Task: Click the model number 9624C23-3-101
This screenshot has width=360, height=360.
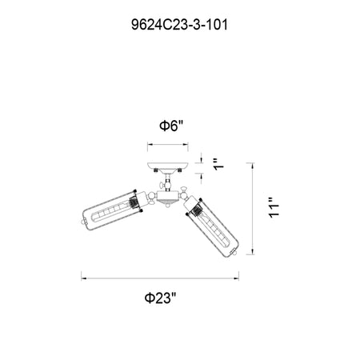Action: click(179, 25)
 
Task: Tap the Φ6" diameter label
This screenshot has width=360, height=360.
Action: click(171, 126)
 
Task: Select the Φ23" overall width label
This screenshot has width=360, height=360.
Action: click(161, 298)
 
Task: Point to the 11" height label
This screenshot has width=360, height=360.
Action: click(274, 208)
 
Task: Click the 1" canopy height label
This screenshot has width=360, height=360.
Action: click(219, 164)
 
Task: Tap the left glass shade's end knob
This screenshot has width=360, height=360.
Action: click(83, 222)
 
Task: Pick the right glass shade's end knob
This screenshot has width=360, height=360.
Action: click(234, 252)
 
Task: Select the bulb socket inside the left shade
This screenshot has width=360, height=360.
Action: click(133, 203)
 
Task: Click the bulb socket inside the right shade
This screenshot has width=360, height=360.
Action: click(196, 210)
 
